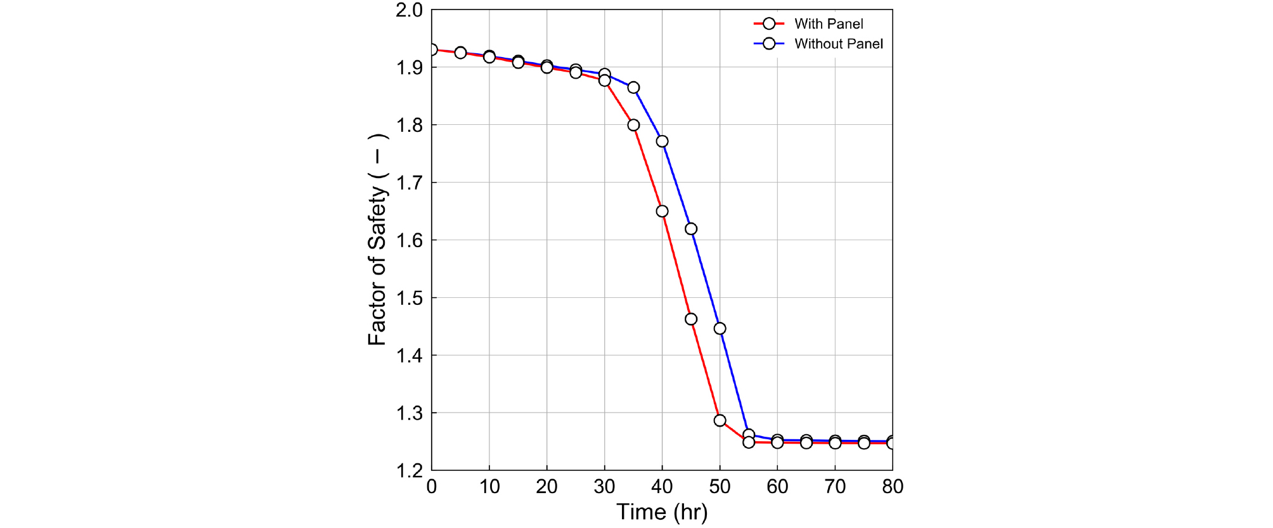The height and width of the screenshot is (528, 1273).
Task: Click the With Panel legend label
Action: click(828, 24)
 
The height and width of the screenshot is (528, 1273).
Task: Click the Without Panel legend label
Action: click(838, 44)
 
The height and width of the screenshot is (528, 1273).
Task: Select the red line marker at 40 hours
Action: click(662, 211)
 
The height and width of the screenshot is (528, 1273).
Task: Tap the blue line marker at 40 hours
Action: click(662, 141)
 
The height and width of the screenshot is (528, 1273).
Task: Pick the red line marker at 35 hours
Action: click(633, 125)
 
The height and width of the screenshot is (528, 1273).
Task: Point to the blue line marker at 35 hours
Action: click(633, 87)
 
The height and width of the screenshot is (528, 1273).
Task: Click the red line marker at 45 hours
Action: click(691, 319)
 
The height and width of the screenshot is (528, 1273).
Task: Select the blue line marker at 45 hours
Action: click(691, 229)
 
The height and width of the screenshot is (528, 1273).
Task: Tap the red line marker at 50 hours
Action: click(720, 420)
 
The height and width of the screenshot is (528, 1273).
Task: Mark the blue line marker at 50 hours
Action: click(720, 328)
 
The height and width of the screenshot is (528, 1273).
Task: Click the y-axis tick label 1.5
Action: click(409, 298)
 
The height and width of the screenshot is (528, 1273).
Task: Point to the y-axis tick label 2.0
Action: click(409, 10)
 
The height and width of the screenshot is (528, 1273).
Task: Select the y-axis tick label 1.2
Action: click(409, 471)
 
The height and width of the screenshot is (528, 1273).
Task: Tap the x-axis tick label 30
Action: click(604, 487)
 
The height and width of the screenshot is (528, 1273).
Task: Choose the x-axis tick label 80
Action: click(893, 487)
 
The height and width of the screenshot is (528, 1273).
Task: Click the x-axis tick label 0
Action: click(432, 487)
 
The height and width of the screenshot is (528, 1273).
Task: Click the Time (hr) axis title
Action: click(662, 512)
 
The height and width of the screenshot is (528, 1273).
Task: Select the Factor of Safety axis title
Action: click(377, 240)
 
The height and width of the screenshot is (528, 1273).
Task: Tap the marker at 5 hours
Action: click(461, 53)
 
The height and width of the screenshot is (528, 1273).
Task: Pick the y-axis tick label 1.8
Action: click(409, 126)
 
